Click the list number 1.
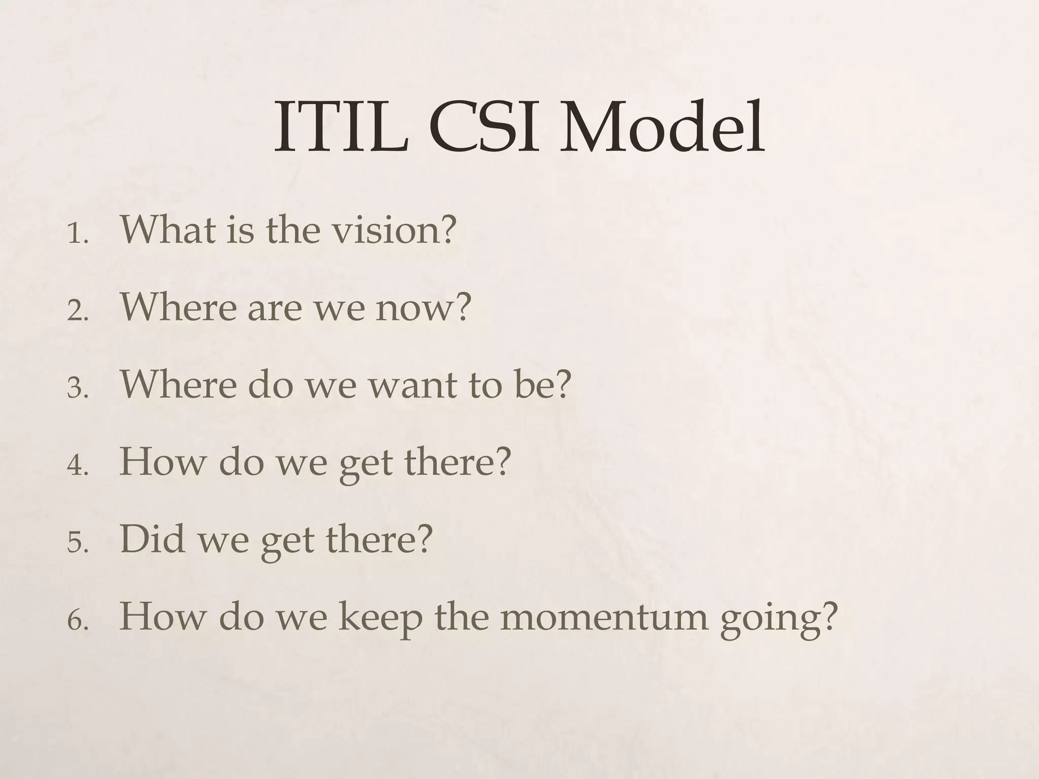(77, 235)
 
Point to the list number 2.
(77, 312)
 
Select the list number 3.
(77, 389)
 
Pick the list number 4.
(77, 466)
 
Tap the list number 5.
(77, 543)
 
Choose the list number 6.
(77, 620)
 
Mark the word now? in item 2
(424, 308)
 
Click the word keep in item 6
(380, 618)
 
